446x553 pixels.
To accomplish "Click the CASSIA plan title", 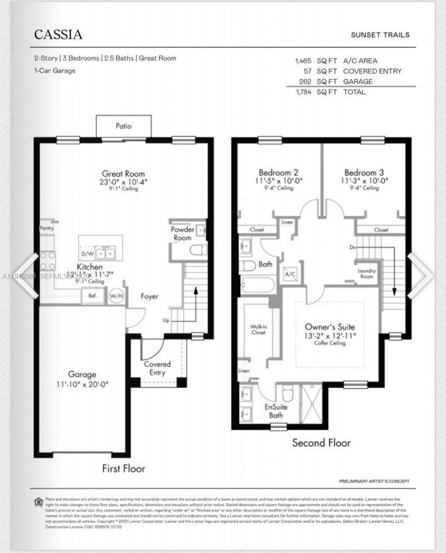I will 59,35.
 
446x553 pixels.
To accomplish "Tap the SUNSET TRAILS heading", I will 380,35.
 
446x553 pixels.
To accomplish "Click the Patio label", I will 124,126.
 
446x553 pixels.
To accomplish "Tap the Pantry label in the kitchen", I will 46,229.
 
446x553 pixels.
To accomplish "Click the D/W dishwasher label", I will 88,254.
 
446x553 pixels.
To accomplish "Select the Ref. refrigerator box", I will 91,296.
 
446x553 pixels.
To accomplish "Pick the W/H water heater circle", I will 116,296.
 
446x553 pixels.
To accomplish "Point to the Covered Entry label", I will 157,368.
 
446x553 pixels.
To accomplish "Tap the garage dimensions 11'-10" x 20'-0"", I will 83,384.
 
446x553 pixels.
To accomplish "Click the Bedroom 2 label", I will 278,172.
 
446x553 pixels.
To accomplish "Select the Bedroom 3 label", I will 363,172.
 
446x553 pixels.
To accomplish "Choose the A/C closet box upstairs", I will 290,275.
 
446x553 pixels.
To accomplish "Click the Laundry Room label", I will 366,274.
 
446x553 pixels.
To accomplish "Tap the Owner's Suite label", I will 330,327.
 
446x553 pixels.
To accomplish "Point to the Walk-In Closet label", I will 258,329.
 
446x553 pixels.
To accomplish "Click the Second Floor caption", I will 322,443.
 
